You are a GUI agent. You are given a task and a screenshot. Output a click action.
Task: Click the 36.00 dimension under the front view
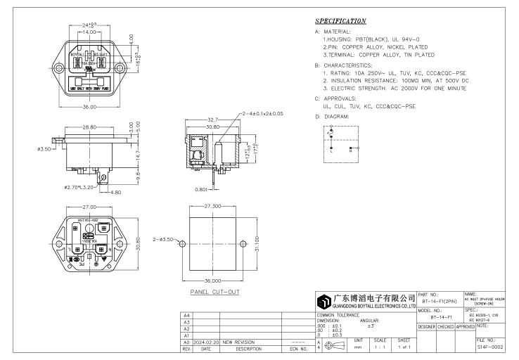[x=88, y=106]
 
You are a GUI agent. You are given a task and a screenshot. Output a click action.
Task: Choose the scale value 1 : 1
[x=380, y=347]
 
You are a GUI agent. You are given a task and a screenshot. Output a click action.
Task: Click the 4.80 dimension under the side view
[x=115, y=192]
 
